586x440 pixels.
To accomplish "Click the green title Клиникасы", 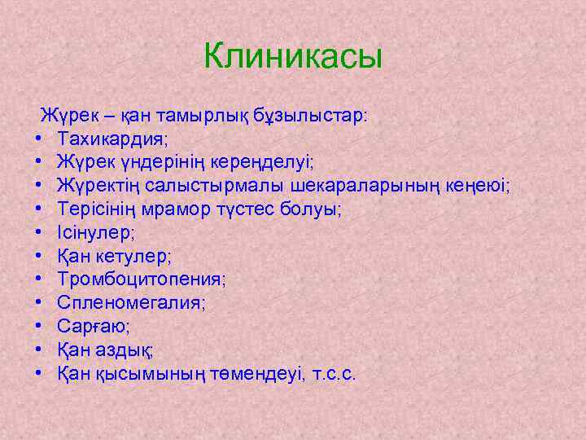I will coord(293,57).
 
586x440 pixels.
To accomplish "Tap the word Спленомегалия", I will coord(131,303).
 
